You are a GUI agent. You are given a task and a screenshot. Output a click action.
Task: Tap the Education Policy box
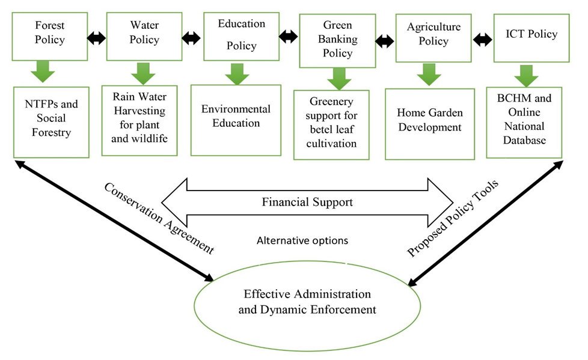coord(241,34)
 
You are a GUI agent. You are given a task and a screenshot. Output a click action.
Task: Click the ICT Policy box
coord(531,34)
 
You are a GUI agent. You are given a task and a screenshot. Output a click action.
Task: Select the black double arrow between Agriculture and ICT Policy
coord(482,40)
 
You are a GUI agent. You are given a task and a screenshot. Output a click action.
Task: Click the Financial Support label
coord(307,202)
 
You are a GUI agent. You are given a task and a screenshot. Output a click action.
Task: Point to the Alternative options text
coord(302,240)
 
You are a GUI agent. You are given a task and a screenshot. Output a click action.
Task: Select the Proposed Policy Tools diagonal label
coord(454,218)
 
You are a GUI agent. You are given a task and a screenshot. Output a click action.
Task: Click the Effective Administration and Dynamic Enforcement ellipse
coord(307,302)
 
